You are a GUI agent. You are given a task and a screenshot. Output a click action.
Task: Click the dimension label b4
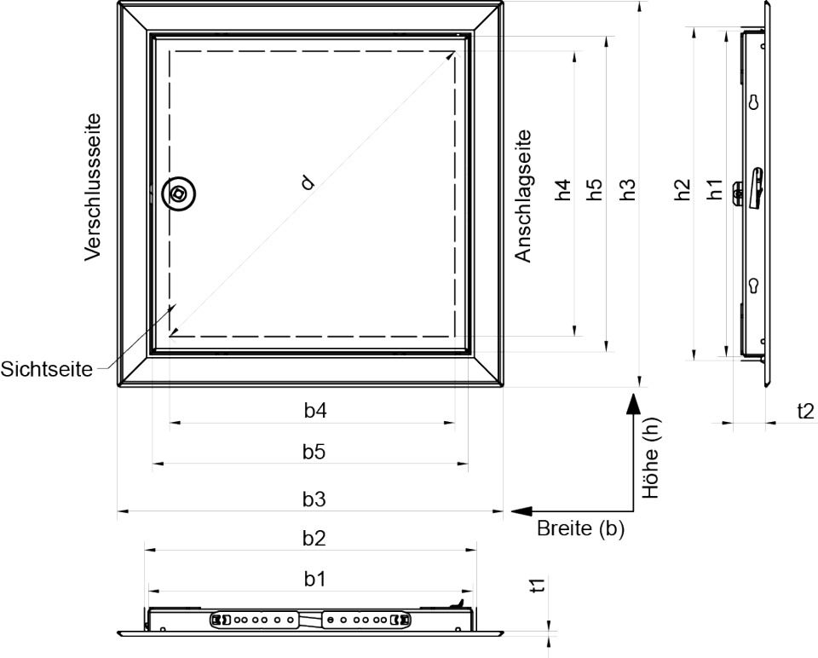[315, 411]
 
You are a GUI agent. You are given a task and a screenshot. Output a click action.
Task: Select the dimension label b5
[314, 452]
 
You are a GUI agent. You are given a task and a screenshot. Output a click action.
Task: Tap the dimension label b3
[314, 499]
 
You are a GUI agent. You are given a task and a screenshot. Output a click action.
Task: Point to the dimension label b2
[314, 538]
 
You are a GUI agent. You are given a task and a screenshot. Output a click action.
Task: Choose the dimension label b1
[314, 578]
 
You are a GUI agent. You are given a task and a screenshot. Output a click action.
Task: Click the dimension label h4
[563, 189]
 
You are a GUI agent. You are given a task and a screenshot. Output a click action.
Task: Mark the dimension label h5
[595, 189]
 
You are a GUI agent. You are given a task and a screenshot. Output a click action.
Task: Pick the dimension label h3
[628, 189]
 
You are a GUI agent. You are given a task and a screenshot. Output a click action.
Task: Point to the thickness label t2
[805, 412]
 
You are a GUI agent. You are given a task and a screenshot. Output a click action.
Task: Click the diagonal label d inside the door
[308, 182]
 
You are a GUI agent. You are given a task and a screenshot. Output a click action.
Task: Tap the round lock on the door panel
[178, 194]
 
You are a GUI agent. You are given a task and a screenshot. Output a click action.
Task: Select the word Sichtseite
[46, 369]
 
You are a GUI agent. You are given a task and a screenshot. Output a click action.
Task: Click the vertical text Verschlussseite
[93, 188]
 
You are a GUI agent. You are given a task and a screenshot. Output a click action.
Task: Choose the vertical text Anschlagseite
[522, 196]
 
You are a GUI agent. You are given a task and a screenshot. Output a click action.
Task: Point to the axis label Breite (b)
[580, 528]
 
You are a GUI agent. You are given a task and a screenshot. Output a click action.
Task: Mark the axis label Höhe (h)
[651, 459]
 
